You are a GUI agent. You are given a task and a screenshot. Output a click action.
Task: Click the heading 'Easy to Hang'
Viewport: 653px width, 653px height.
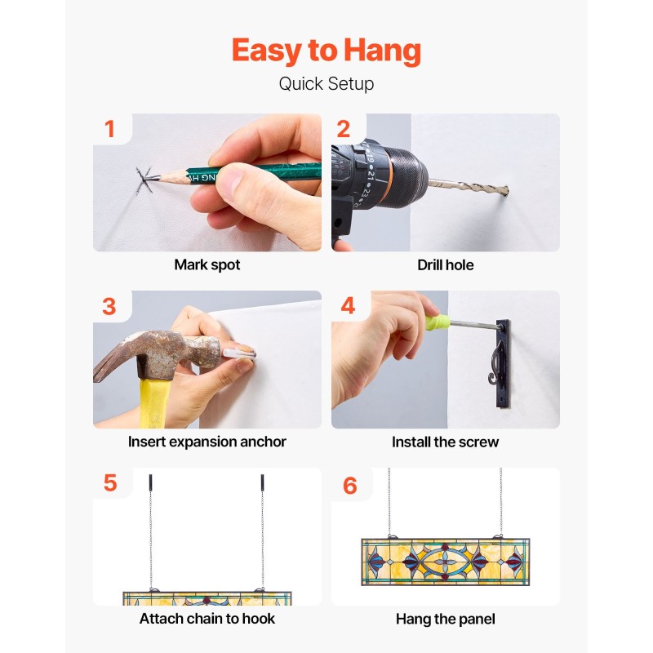(326, 51)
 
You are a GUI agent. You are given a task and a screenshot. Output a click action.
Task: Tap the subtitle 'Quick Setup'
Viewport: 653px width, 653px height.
(326, 84)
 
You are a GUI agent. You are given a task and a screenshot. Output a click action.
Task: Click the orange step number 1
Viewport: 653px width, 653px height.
(109, 129)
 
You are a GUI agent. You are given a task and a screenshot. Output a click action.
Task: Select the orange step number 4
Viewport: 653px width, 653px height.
(348, 305)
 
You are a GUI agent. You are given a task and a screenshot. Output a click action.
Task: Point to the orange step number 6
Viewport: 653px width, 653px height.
(350, 486)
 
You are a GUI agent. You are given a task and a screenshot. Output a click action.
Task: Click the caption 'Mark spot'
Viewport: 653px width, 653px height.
(207, 264)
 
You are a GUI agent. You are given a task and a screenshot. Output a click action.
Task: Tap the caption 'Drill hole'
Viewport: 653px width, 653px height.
(445, 264)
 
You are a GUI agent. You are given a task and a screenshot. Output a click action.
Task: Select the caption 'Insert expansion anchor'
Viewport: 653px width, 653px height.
(207, 442)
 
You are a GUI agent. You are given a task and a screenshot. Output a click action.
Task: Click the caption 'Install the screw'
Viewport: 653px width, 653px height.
(445, 442)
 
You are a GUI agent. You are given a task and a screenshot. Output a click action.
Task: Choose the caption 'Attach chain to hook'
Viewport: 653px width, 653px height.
(207, 619)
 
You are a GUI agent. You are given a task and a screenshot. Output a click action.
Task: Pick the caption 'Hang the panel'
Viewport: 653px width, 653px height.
(445, 620)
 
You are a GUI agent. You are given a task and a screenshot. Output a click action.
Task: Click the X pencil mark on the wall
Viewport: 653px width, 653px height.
(144, 180)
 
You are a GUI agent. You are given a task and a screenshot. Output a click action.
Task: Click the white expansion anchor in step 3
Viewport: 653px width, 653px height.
(238, 354)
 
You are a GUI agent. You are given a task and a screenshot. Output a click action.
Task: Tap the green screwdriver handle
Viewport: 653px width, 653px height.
(438, 322)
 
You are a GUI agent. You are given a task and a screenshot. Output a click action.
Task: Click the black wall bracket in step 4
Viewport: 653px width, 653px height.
(503, 363)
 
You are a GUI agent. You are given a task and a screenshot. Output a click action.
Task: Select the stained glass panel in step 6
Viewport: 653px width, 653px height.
(445, 562)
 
